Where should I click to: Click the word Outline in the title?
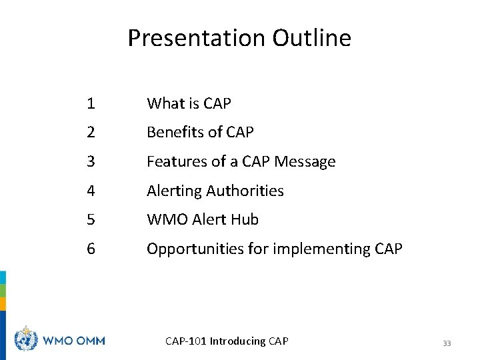tap(311, 39)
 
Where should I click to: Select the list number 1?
tap(90, 103)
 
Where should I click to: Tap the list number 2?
tap(90, 133)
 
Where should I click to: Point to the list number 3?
tap(90, 161)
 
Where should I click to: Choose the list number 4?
tap(91, 191)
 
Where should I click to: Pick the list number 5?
tap(91, 219)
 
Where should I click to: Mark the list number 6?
tap(91, 249)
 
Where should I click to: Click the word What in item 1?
tap(163, 103)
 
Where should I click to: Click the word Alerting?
tap(174, 191)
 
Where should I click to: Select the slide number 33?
tap(447, 343)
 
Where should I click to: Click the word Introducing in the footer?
tap(237, 341)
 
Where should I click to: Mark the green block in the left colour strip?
tap(3, 291)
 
